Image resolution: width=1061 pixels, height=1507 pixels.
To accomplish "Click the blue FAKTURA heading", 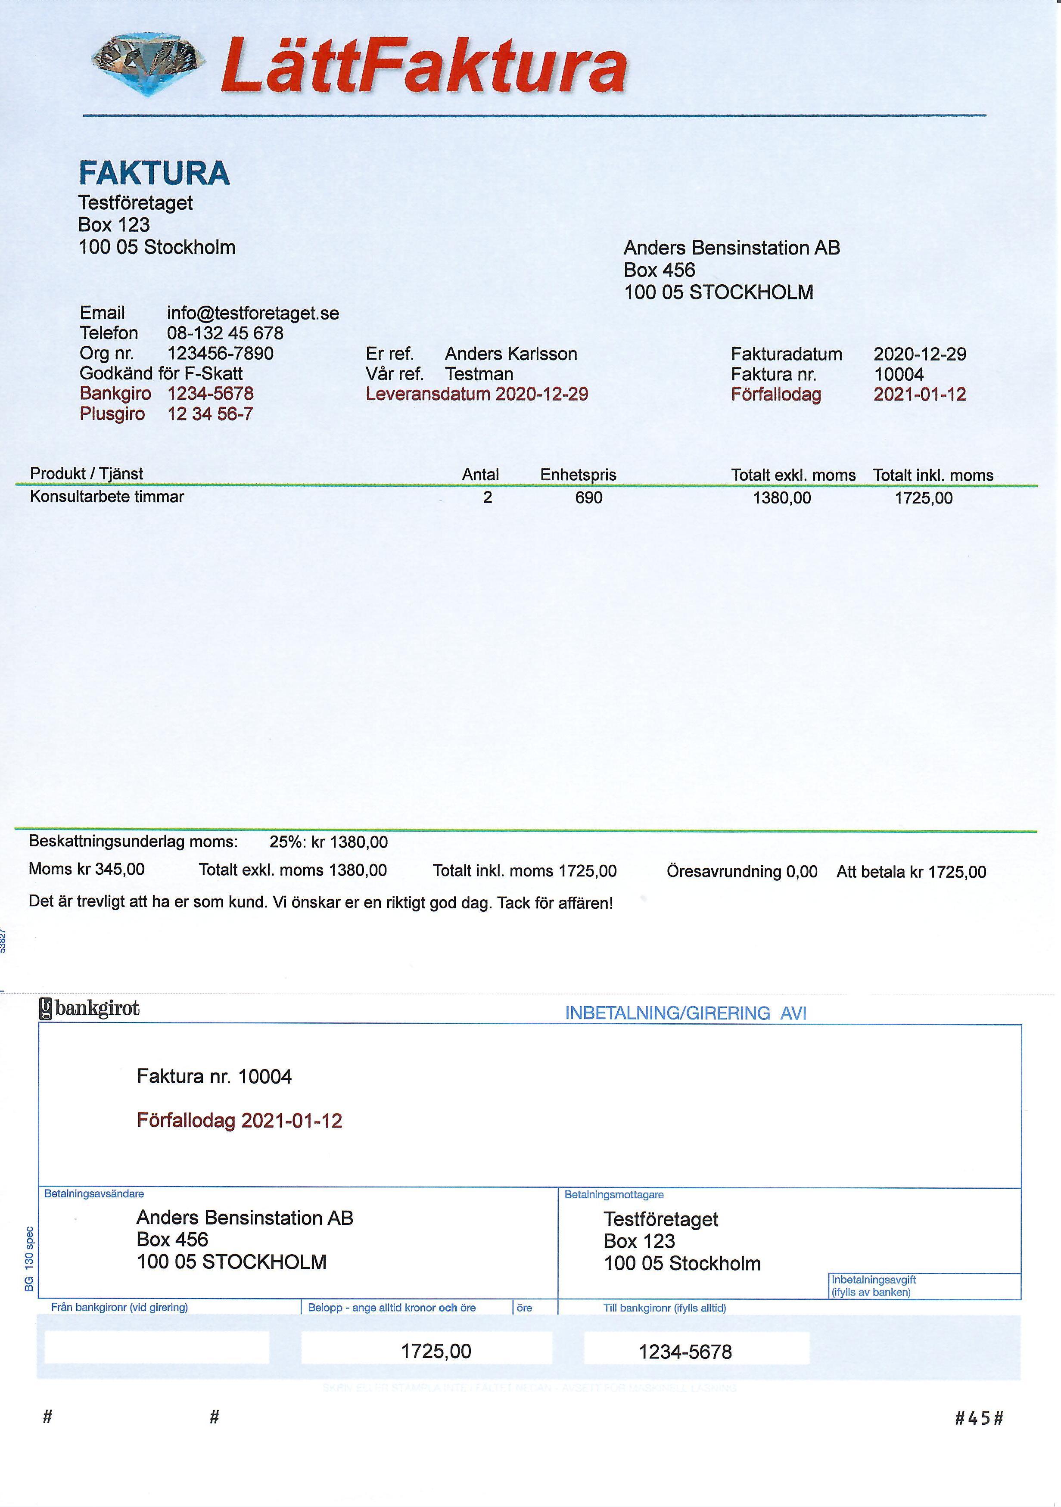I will click(x=154, y=173).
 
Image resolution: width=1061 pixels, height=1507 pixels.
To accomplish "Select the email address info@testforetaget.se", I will click(x=253, y=313).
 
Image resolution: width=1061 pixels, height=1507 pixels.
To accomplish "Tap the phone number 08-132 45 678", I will click(x=225, y=333).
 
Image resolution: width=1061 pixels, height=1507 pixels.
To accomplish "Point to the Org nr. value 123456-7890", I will click(x=220, y=354).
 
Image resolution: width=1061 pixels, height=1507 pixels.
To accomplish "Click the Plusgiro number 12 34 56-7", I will click(x=210, y=414).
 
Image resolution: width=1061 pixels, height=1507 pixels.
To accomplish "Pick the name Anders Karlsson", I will click(x=511, y=354).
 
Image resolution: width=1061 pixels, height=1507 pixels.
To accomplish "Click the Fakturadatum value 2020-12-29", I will click(x=920, y=354).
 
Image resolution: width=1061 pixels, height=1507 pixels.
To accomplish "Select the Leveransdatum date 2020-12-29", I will click(x=541, y=395).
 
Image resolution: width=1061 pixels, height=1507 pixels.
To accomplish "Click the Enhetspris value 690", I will click(x=588, y=497).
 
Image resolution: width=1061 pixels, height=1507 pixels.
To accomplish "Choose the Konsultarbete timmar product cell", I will click(x=107, y=497).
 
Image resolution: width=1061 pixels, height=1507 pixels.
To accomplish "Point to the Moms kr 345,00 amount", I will click(x=87, y=870).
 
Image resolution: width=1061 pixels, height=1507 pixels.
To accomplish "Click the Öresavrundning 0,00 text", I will click(x=742, y=872).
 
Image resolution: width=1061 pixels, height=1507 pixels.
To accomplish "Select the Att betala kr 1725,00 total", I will click(x=911, y=872).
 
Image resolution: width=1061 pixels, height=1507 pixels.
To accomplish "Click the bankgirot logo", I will click(x=90, y=1009).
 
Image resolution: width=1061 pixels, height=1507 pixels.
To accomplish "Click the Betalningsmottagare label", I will click(x=614, y=1195).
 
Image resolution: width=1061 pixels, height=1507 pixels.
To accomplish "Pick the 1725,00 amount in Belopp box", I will click(x=436, y=1351).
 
